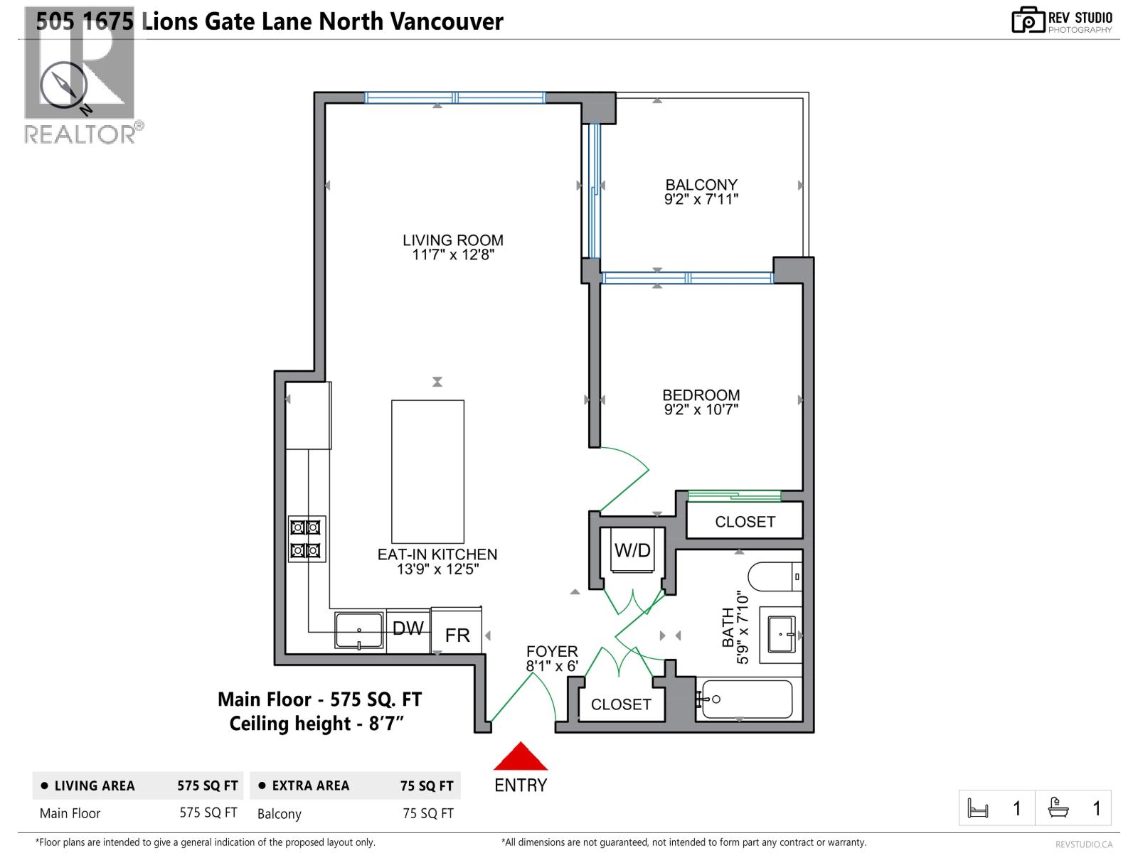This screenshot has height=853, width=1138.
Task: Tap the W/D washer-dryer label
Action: pyautogui.click(x=632, y=550)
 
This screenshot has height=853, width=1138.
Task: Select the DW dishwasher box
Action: pyautogui.click(x=408, y=628)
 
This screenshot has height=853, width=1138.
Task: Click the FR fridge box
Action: pyautogui.click(x=457, y=635)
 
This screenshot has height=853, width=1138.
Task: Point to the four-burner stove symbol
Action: pyautogui.click(x=307, y=539)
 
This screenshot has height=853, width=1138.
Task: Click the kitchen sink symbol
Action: pyautogui.click(x=360, y=630)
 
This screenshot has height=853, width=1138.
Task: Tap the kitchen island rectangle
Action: pyautogui.click(x=427, y=471)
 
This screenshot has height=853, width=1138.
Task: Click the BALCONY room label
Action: pyautogui.click(x=701, y=185)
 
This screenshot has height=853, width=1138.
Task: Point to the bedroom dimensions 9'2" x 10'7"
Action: pyautogui.click(x=701, y=409)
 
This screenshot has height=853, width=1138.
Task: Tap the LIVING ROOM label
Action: pyautogui.click(x=453, y=240)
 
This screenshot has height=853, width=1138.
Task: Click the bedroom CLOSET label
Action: pyautogui.click(x=745, y=522)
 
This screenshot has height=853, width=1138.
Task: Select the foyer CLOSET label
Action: pyautogui.click(x=621, y=704)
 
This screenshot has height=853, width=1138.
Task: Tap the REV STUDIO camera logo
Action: pyautogui.click(x=1028, y=20)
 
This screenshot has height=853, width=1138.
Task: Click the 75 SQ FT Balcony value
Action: pyautogui.click(x=427, y=813)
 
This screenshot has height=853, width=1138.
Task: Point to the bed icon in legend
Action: pyautogui.click(x=978, y=808)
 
